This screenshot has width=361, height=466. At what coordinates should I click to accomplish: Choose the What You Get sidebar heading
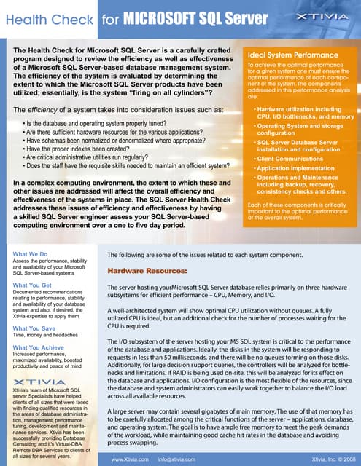(x=33, y=285)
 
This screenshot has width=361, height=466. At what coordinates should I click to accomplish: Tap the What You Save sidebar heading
(x=34, y=328)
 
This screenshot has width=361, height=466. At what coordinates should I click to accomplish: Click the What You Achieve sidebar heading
(x=39, y=347)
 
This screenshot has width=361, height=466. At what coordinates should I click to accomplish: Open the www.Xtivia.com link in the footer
(x=130, y=459)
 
